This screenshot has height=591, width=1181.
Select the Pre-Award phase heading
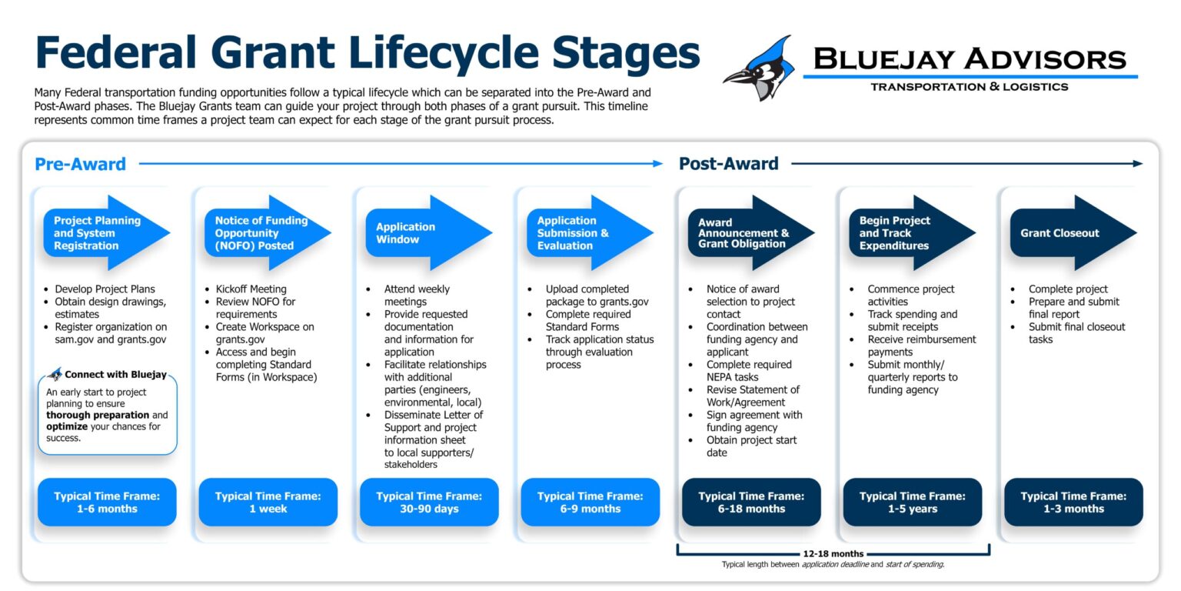80,164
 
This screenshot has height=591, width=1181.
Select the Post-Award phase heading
728,164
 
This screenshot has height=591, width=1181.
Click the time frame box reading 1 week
268,503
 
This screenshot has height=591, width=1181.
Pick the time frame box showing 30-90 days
429,503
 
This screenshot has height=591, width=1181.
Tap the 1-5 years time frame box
912,503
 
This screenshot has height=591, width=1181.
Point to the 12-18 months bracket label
833,553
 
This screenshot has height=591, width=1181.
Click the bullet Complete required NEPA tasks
748,371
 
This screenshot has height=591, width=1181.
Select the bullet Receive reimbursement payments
921,346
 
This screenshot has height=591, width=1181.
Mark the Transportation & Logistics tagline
969,86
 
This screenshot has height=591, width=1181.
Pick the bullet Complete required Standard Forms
588,320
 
